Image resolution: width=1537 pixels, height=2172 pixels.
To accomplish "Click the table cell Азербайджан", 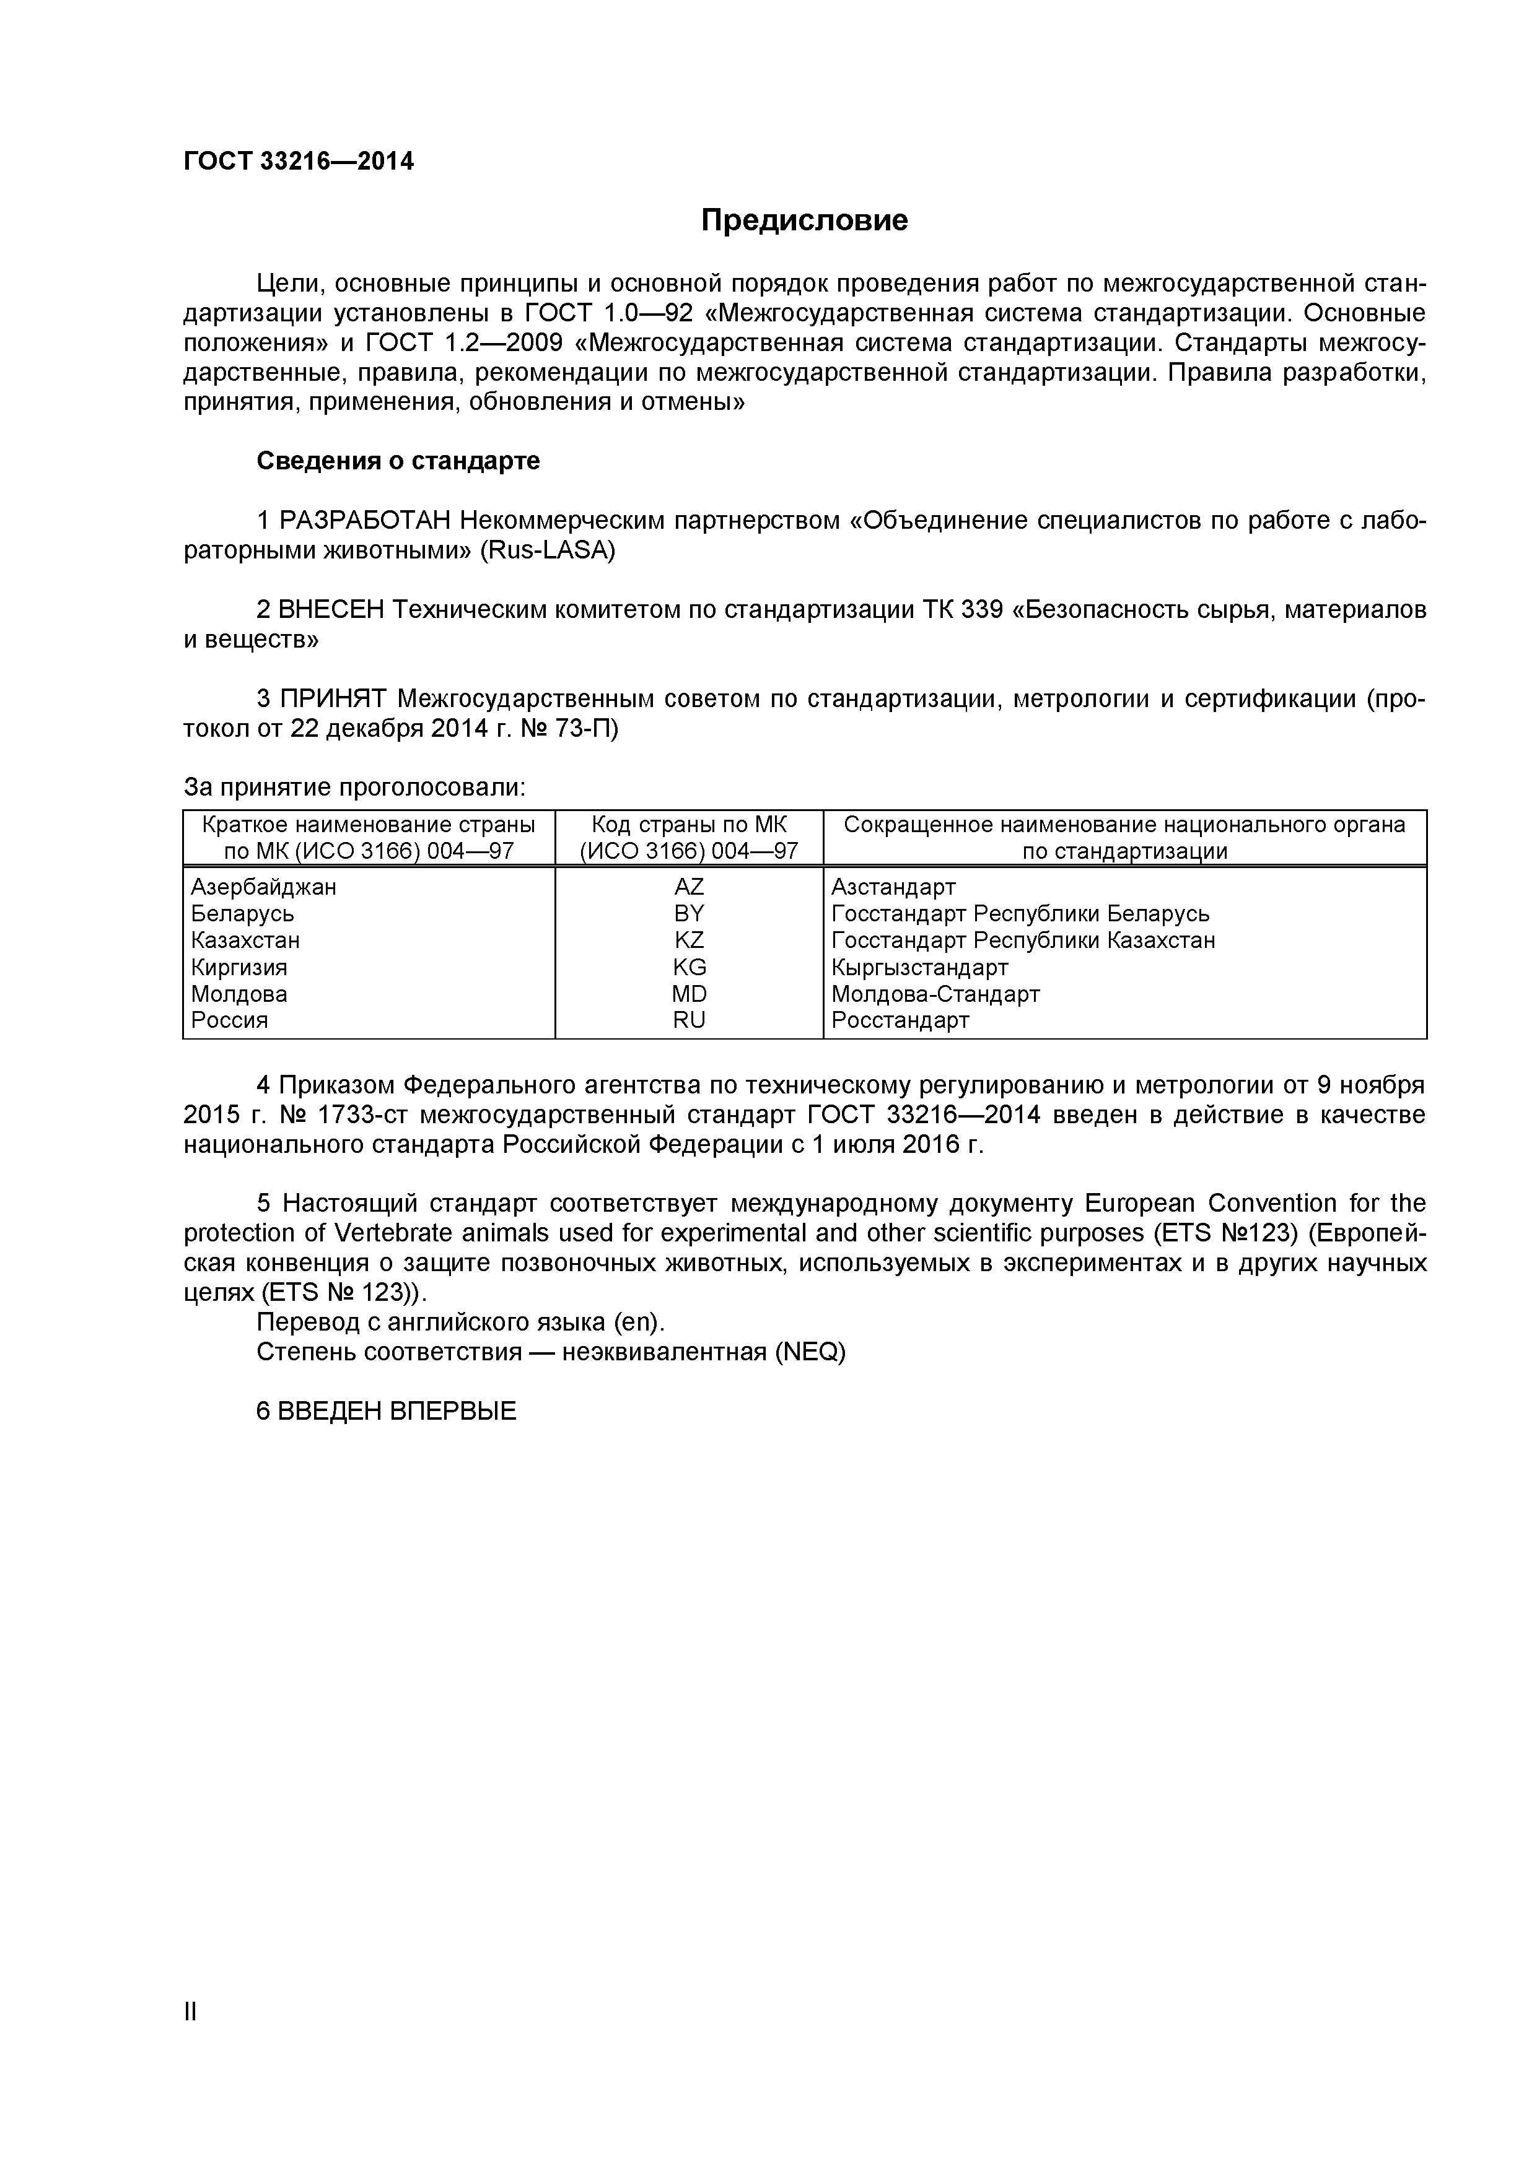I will (x=263, y=887).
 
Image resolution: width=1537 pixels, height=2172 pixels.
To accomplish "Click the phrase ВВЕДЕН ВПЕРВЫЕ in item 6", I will (x=398, y=1412).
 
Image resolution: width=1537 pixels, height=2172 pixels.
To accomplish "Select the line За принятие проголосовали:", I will (x=354, y=788).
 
